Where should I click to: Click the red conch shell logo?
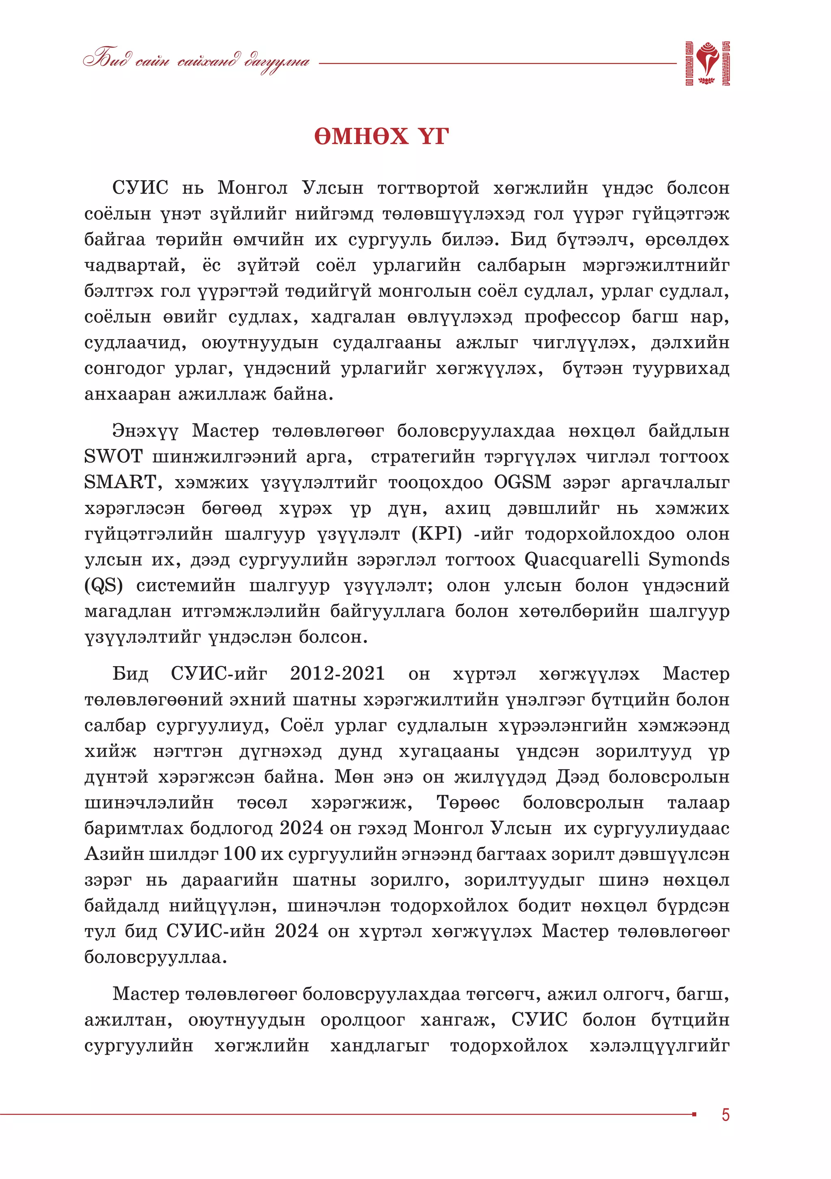(708, 63)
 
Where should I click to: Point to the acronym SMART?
(121, 482)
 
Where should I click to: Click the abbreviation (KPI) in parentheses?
(437, 534)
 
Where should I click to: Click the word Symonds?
(689, 559)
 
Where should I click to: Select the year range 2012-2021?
(338, 673)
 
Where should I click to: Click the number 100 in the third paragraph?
(240, 854)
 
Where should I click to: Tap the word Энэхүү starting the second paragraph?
(145, 431)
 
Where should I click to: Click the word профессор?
(572, 317)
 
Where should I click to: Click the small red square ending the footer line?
(694, 1114)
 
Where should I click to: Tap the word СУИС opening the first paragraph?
(140, 188)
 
